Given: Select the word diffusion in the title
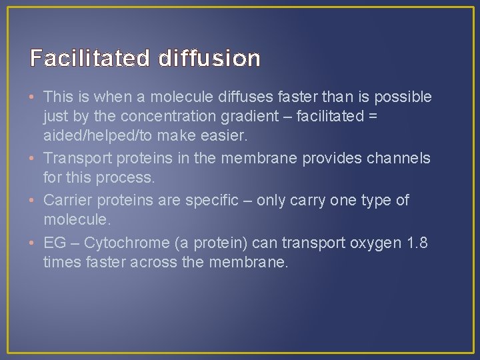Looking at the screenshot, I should tap(209, 59).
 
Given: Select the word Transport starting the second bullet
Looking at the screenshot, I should tap(74, 158).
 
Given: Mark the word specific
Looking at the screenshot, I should tap(210, 200).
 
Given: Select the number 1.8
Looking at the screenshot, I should tap(417, 242).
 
